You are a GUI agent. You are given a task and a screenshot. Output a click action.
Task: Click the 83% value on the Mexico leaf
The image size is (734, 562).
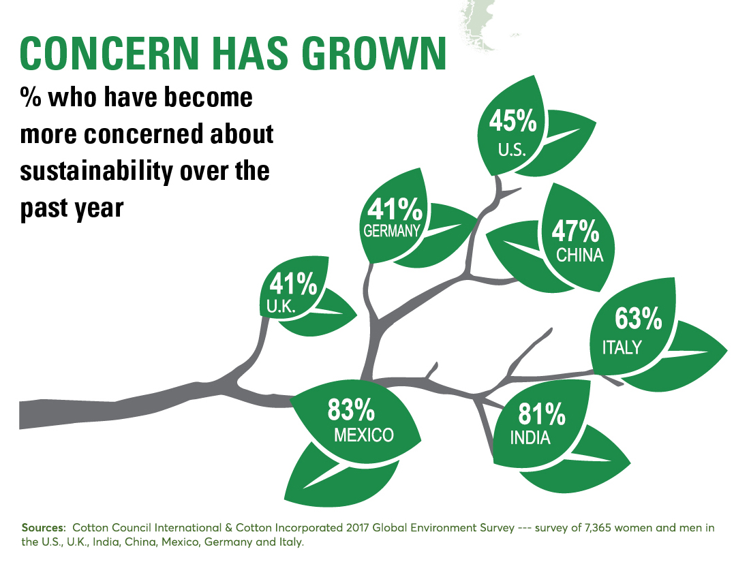click(352, 410)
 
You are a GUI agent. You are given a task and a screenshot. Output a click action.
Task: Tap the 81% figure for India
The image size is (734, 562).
click(542, 413)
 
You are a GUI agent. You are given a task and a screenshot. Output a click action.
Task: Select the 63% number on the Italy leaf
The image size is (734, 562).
click(638, 318)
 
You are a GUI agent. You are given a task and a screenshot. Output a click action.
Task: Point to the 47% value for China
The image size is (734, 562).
click(575, 232)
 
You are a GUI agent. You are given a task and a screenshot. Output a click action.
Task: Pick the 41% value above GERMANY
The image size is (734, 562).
click(391, 206)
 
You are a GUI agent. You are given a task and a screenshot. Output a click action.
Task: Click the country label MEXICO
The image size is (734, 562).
click(363, 435)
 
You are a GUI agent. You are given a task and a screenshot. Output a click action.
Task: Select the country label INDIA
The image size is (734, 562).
click(530, 438)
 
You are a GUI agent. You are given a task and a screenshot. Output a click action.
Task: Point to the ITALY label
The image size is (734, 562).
click(622, 347)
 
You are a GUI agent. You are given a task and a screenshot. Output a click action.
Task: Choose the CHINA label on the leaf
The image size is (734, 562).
click(579, 255)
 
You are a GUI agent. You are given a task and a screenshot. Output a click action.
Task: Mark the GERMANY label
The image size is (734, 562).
click(391, 230)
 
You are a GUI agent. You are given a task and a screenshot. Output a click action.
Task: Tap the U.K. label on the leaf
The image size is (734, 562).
click(280, 307)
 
